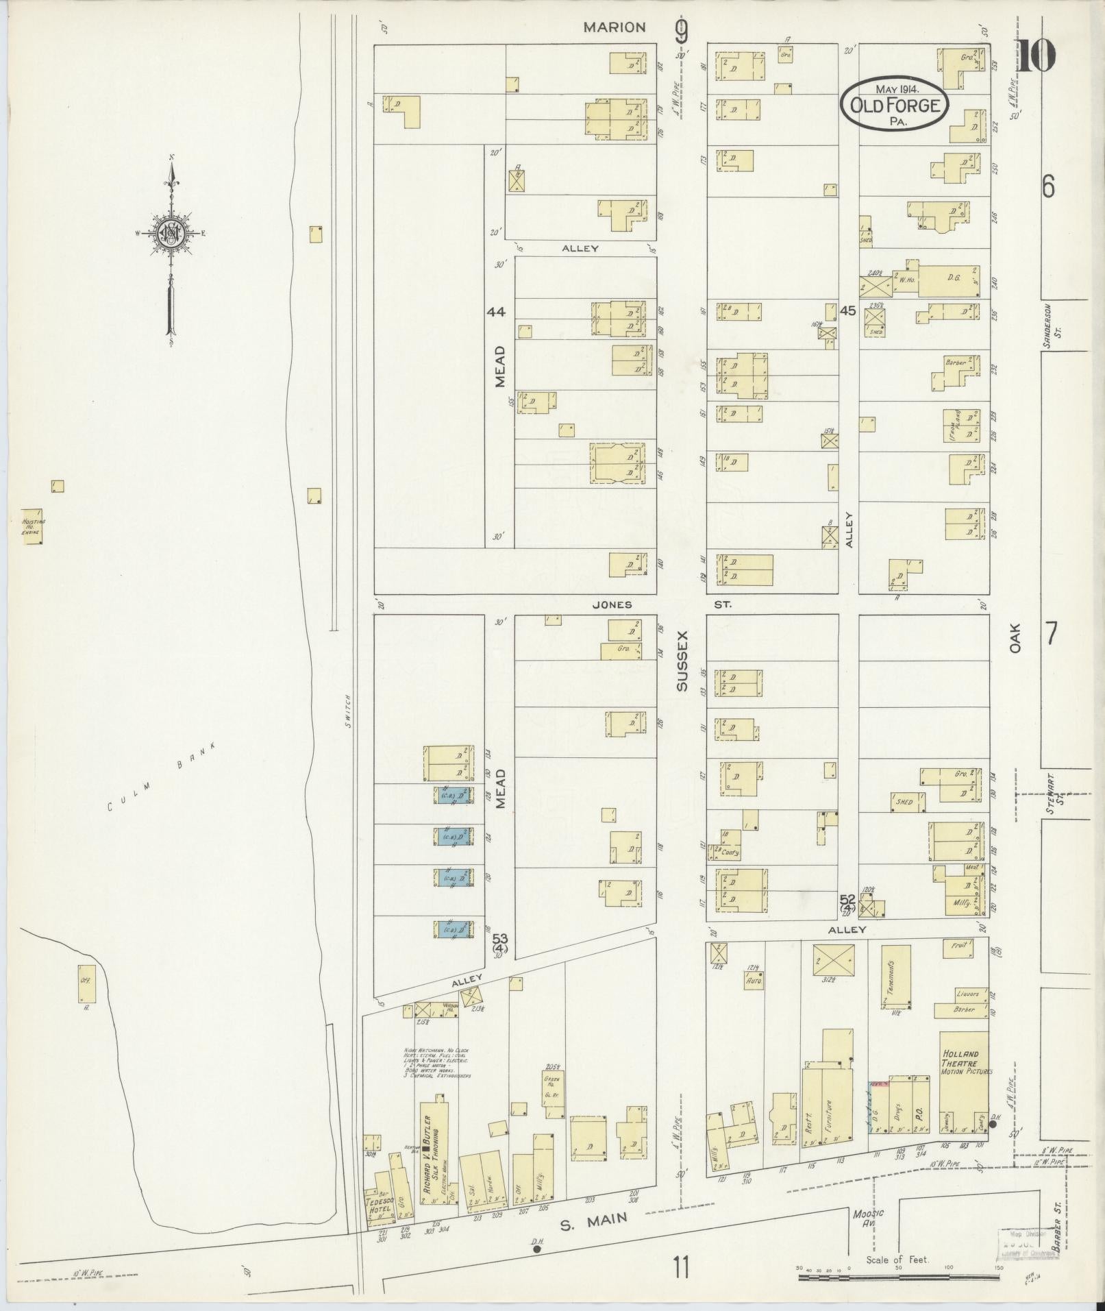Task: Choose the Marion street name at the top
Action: pos(614,27)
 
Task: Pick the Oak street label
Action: pos(1015,637)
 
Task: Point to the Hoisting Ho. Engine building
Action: pos(32,526)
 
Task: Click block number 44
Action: pos(496,312)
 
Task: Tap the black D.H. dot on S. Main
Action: pos(536,1249)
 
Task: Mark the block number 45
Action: pos(847,310)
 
